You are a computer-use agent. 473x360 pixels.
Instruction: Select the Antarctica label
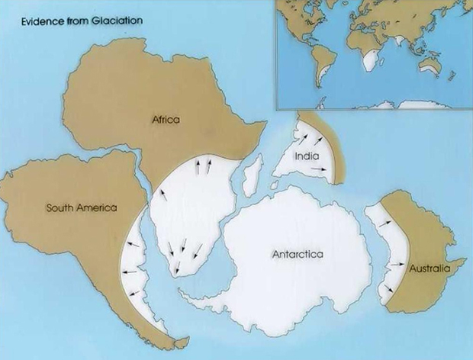click(x=298, y=254)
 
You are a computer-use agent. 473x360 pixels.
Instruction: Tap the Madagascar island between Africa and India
click(x=246, y=177)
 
